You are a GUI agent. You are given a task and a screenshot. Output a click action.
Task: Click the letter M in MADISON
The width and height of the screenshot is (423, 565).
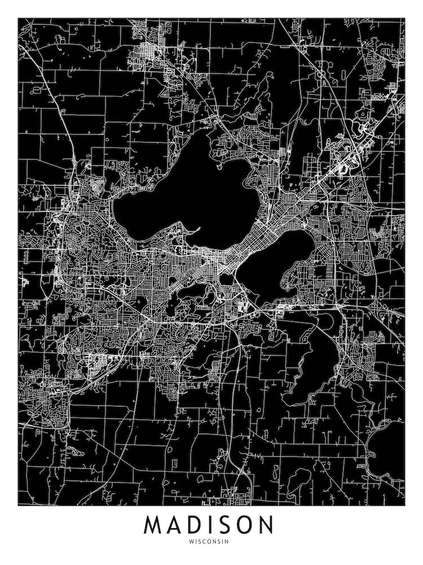coord(154,525)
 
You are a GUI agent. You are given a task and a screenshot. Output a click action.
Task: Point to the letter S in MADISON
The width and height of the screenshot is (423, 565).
coord(227,525)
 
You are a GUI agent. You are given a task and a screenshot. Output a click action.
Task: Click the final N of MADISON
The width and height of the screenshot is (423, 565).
coord(266,525)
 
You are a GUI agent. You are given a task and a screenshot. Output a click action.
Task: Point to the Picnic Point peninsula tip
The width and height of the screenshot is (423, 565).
coord(199,229)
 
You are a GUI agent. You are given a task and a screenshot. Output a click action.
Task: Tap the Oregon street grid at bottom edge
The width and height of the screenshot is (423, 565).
coord(237,497)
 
